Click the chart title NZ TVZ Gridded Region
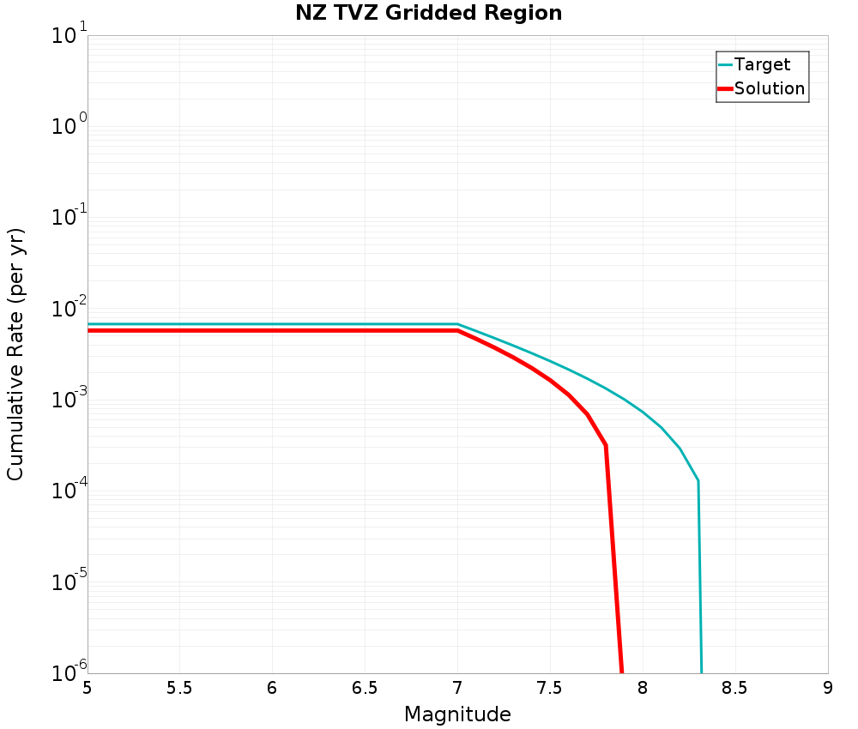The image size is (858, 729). pyautogui.click(x=429, y=13)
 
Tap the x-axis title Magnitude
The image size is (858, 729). pyautogui.click(x=457, y=714)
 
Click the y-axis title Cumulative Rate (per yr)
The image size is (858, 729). pyautogui.click(x=15, y=354)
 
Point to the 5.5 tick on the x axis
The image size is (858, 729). pyautogui.click(x=179, y=689)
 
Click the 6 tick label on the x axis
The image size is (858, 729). pyautogui.click(x=272, y=689)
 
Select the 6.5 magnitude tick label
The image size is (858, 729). pyautogui.click(x=365, y=689)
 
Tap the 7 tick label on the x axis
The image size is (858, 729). pyautogui.click(x=457, y=689)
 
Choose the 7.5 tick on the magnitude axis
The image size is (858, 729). pyautogui.click(x=550, y=689)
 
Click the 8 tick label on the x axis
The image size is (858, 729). pyautogui.click(x=643, y=689)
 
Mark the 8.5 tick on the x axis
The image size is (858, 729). pyautogui.click(x=735, y=689)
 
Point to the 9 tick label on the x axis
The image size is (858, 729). pyautogui.click(x=828, y=689)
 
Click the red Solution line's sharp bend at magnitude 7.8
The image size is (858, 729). pyautogui.click(x=606, y=446)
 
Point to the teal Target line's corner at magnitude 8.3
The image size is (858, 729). pyautogui.click(x=698, y=481)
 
